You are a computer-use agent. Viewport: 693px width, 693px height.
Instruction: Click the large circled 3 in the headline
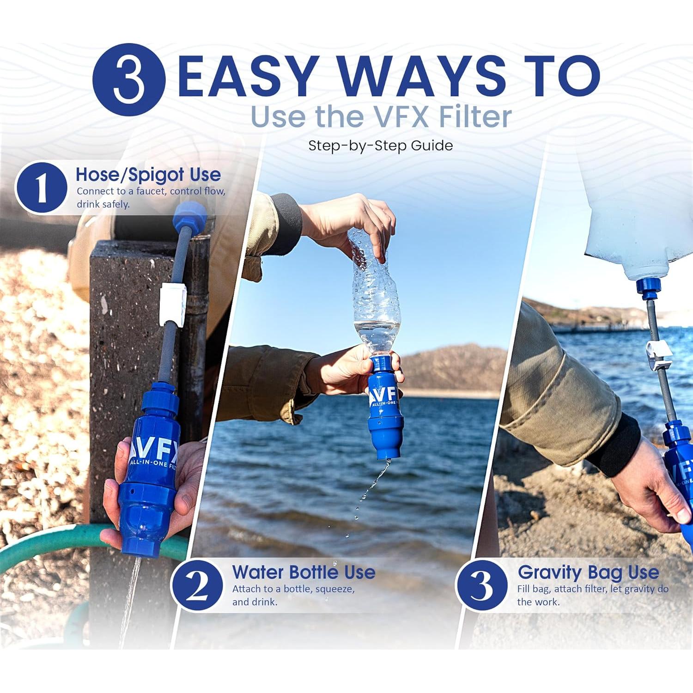click(x=128, y=79)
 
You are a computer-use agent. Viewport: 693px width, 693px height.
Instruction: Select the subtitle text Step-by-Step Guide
click(x=380, y=146)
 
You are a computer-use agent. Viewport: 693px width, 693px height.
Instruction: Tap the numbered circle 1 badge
click(x=41, y=188)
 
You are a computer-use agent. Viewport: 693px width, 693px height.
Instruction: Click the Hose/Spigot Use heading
click(x=148, y=175)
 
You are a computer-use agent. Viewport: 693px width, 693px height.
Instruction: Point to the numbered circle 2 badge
click(x=197, y=585)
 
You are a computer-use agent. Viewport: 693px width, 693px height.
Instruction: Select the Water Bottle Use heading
click(x=304, y=572)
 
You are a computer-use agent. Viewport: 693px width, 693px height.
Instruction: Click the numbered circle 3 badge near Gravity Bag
click(x=482, y=585)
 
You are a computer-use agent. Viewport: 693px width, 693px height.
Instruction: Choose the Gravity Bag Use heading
click(x=588, y=572)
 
